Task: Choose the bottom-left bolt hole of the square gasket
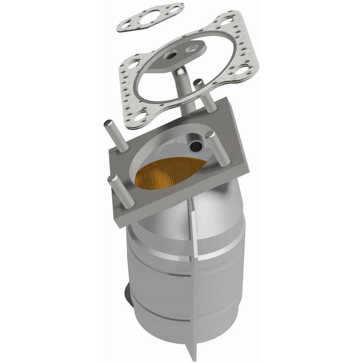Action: pos(141,115)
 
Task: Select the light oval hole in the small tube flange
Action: pos(194,46)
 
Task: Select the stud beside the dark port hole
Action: pos(220,149)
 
